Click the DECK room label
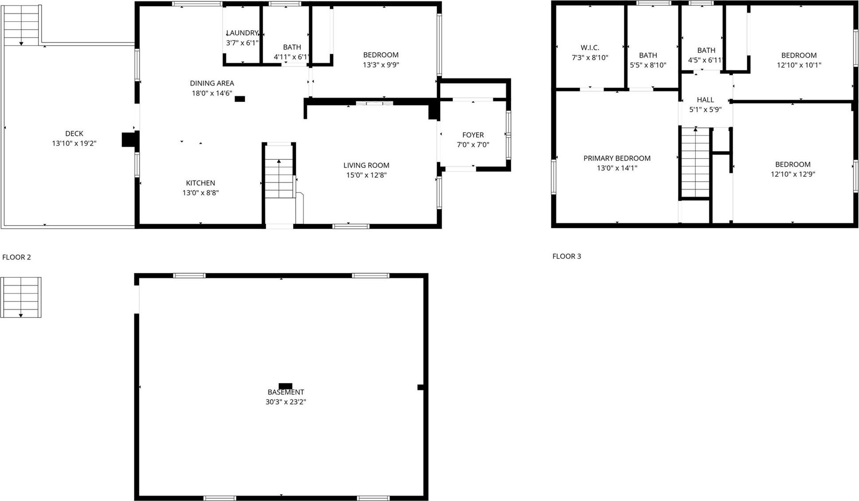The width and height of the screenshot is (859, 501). [x=74, y=133]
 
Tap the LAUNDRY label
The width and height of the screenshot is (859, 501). [x=242, y=33]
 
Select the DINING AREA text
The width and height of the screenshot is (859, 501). [x=212, y=83]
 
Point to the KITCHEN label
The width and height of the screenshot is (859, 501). [x=200, y=183]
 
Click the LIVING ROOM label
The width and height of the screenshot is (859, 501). [x=366, y=165]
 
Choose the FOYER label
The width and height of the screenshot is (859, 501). [x=473, y=135]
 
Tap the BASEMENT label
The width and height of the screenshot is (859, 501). [x=286, y=392]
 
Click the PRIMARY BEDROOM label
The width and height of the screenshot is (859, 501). [x=617, y=158]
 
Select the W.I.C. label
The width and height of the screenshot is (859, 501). [x=590, y=47]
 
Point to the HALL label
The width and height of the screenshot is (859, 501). [x=705, y=100]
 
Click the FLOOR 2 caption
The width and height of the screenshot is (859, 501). [x=16, y=257]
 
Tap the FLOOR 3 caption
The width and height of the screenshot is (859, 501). [x=567, y=256]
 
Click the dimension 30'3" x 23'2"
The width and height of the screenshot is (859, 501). [x=286, y=402]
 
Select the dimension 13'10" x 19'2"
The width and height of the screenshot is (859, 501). [x=74, y=144]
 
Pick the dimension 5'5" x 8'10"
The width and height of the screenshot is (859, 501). [x=648, y=65]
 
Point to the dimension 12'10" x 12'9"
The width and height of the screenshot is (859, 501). [x=792, y=174]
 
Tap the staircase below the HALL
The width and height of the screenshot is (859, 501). [x=695, y=162]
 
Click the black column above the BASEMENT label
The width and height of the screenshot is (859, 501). [x=286, y=386]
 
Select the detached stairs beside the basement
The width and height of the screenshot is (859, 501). [x=21, y=297]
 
